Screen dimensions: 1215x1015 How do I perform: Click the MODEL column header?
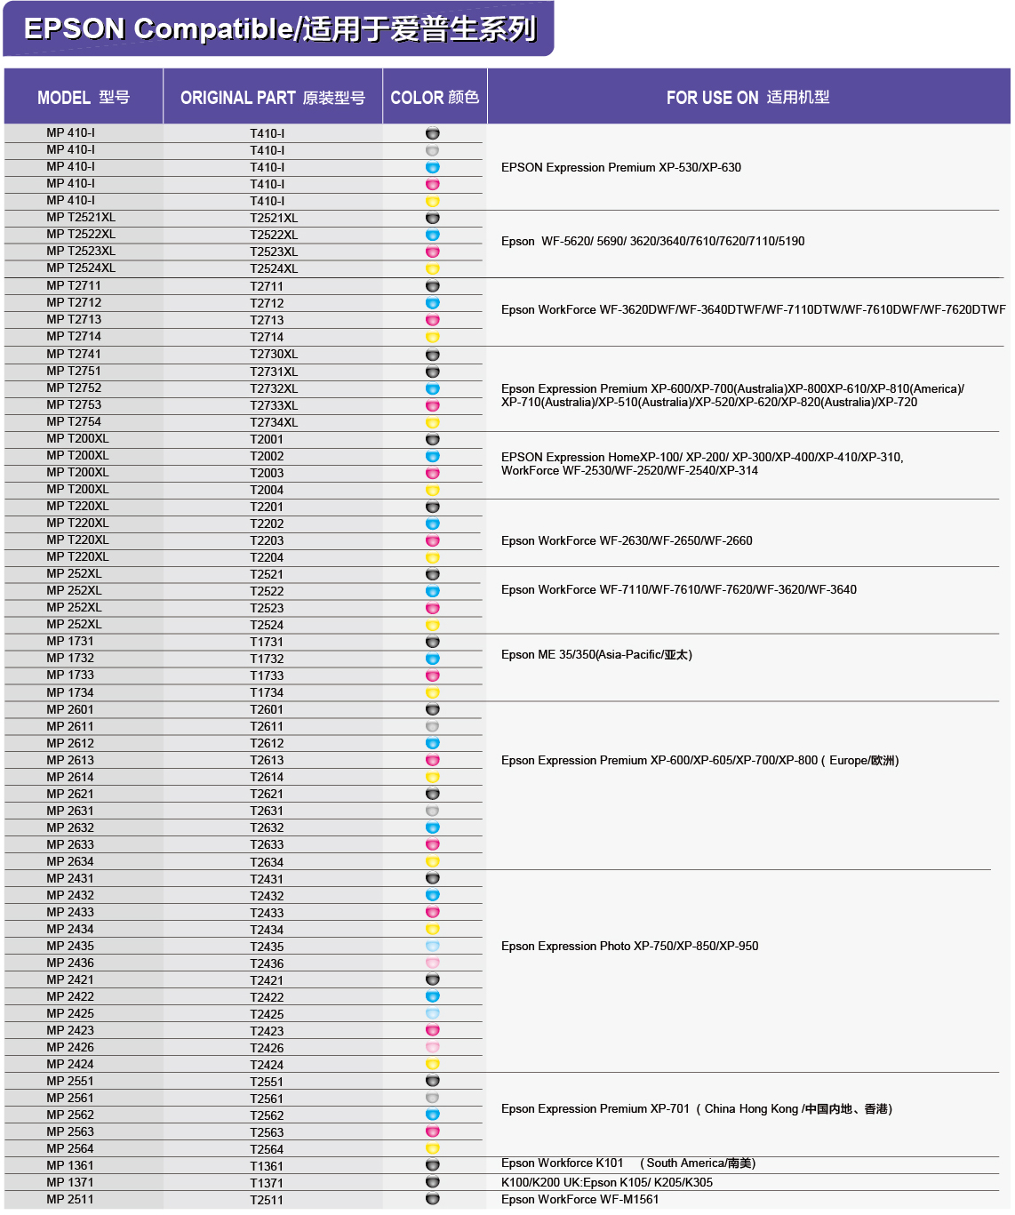(84, 98)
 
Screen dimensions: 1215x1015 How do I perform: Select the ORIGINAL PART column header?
(272, 98)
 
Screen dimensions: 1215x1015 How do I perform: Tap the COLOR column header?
(435, 98)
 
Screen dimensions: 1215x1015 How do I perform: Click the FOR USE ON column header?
(747, 98)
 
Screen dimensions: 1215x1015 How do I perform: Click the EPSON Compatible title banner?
(279, 29)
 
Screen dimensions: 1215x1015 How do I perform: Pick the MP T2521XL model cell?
(81, 218)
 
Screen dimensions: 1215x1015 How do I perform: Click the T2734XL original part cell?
(274, 422)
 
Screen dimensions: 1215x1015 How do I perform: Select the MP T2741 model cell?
(74, 354)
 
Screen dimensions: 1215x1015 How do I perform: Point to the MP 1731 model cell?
(70, 641)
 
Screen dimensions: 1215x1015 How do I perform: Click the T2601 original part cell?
(267, 709)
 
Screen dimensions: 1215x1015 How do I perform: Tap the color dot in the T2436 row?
(433, 963)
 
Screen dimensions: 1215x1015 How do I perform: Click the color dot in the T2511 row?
(433, 1199)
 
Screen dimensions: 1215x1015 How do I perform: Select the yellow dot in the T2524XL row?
(433, 268)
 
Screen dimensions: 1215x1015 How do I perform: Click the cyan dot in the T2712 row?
(433, 303)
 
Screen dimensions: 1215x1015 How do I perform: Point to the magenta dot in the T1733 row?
(433, 675)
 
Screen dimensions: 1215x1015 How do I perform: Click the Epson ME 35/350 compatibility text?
(596, 655)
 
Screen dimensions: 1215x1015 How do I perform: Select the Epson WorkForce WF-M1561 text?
(579, 1199)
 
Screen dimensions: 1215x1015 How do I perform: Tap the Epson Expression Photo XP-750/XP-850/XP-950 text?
(629, 946)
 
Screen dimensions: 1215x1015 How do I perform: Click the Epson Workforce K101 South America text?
(627, 1163)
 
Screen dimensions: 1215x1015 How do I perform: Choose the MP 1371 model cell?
(70, 1182)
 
